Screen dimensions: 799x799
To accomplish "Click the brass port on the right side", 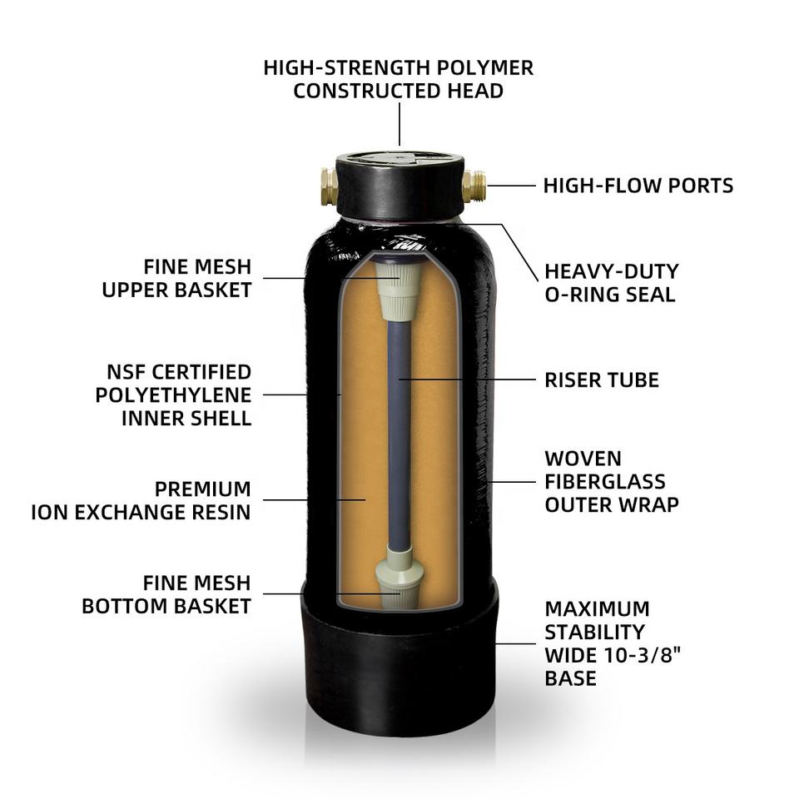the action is point(474,186).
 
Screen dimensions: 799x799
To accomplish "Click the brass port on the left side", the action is point(330,186).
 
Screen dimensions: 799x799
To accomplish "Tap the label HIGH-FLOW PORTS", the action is point(638,186).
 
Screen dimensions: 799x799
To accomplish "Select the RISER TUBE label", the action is point(601,380).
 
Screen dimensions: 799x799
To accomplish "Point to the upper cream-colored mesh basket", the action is point(399,289).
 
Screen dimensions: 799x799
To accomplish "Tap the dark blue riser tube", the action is point(399,433).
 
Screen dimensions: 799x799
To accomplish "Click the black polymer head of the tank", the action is point(400,185).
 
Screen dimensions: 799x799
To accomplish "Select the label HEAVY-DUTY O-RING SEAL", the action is point(612,283).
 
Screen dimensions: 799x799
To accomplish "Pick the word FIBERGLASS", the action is point(605,482).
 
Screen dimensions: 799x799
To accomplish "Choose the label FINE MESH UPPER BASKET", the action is point(176,278).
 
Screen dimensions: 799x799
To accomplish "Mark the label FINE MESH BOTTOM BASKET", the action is point(166,594).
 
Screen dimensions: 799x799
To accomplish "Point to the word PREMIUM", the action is point(203,489).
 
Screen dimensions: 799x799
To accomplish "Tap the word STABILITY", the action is point(594,632).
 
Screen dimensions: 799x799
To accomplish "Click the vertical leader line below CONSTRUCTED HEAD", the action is point(399,124).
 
